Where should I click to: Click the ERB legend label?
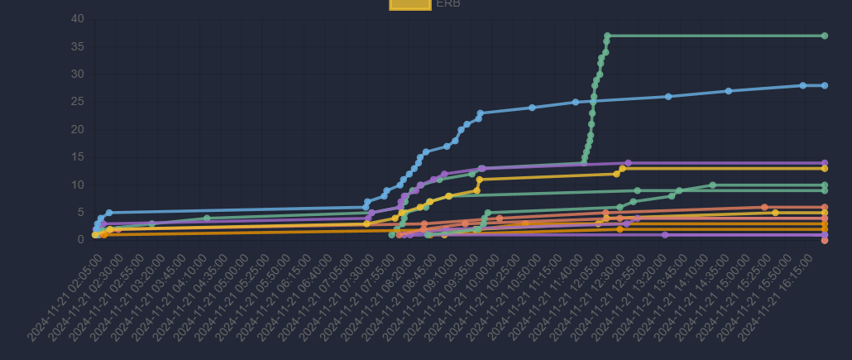pyautogui.click(x=448, y=3)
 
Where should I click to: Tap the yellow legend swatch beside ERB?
pyautogui.click(x=410, y=3)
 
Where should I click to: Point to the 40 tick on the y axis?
pyautogui.click(x=77, y=19)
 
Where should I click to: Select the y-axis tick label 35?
pyautogui.click(x=77, y=46)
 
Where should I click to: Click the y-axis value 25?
pyautogui.click(x=77, y=102)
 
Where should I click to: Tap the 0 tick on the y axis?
pyautogui.click(x=80, y=240)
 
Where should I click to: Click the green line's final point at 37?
pyautogui.click(x=825, y=36)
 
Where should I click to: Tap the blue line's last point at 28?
pyautogui.click(x=825, y=85)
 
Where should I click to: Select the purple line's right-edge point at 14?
pyautogui.click(x=825, y=163)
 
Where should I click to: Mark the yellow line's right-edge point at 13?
pyautogui.click(x=825, y=168)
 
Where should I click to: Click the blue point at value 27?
pyautogui.click(x=729, y=91)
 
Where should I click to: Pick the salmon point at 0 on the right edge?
pyautogui.click(x=825, y=240)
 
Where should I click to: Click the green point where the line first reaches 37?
pyautogui.click(x=607, y=36)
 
